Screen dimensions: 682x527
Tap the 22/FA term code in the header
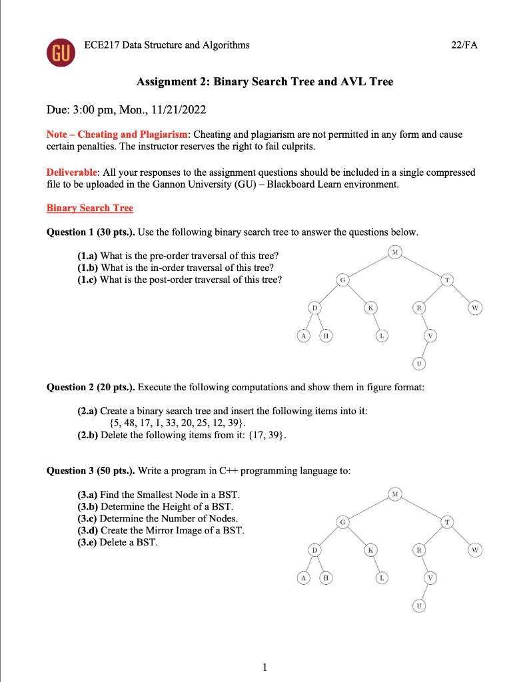tap(464, 45)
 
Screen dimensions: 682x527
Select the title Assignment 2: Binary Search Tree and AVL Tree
tap(264, 82)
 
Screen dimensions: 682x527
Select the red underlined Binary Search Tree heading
tap(90, 208)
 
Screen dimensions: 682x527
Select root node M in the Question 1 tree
tap(396, 252)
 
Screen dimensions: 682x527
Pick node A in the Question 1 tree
tap(303, 336)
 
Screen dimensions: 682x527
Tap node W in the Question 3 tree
tap(474, 550)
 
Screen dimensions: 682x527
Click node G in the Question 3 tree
tap(342, 523)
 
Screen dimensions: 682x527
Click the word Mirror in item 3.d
tap(153, 530)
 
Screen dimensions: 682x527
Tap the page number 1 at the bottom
tap(264, 666)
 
